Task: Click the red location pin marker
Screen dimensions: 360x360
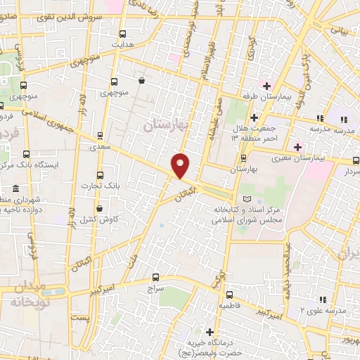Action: (181, 165)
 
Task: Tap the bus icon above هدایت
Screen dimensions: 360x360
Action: (123, 33)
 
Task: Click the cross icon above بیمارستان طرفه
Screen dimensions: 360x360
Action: (266, 85)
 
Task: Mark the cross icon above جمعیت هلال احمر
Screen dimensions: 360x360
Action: (255, 117)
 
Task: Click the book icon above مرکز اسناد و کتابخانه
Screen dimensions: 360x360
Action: (245, 200)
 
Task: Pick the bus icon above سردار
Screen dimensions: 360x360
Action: (349, 160)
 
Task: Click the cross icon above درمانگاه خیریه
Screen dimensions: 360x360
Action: (210, 331)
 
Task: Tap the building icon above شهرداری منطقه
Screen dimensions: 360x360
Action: (15, 190)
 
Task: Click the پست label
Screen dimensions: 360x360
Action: (83, 319)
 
